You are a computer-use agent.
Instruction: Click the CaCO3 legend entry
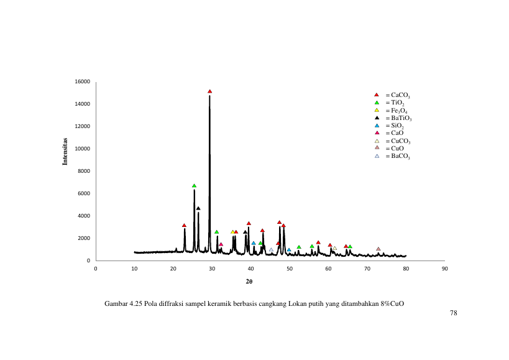[392, 95]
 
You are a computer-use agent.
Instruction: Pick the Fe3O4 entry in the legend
[391, 111]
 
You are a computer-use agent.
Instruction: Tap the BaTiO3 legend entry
[393, 118]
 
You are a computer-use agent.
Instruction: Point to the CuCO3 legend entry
[392, 141]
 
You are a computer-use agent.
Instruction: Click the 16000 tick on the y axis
[83, 81]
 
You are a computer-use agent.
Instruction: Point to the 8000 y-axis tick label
[84, 171]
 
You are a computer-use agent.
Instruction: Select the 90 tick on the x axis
[445, 269]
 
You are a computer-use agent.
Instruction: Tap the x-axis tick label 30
[212, 269]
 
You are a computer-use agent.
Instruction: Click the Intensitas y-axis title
[65, 152]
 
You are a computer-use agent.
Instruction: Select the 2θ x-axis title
[249, 282]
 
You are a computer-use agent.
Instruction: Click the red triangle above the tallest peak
[209, 91]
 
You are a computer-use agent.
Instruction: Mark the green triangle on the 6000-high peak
[194, 186]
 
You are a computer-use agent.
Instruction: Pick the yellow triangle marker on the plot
[232, 232]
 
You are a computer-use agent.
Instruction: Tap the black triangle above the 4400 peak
[198, 208]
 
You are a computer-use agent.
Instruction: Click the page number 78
[454, 313]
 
